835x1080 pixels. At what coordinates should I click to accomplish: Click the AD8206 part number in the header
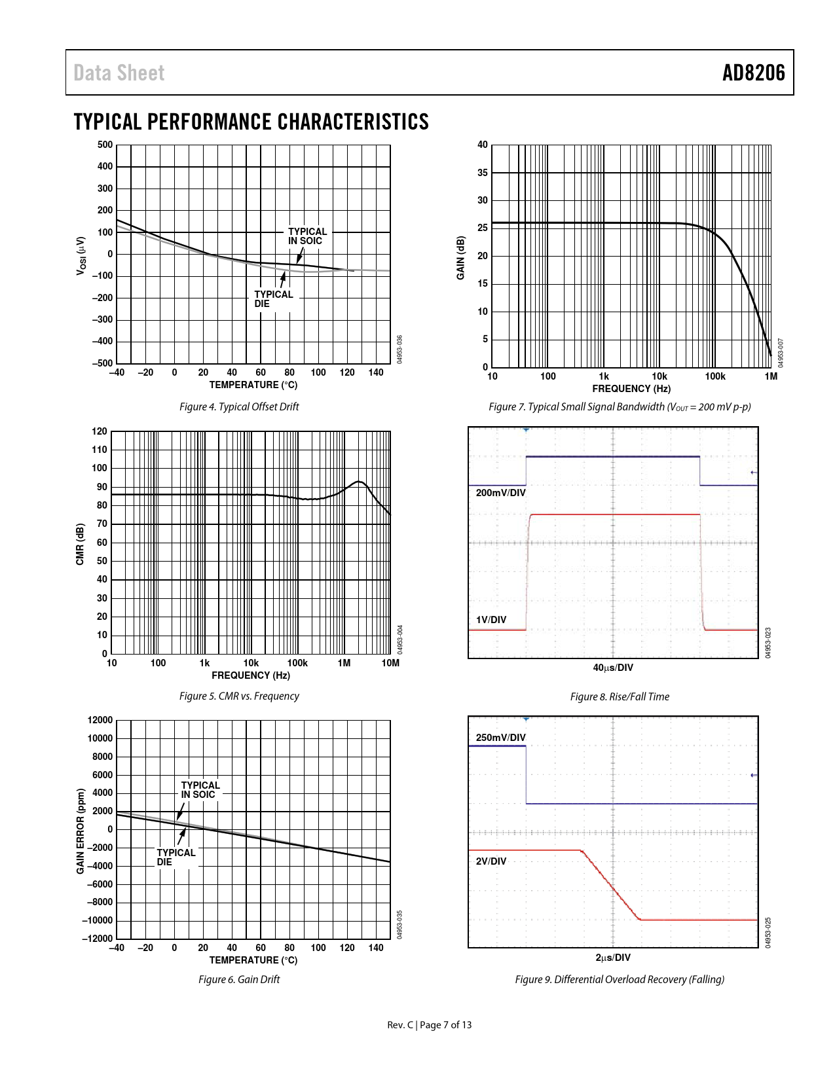click(753, 73)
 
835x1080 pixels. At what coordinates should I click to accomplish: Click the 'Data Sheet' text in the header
click(119, 73)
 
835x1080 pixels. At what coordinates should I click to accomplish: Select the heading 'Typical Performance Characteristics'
click(251, 122)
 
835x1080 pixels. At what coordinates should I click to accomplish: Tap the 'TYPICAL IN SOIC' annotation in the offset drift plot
click(307, 236)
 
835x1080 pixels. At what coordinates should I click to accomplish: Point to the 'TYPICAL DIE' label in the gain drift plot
click(176, 857)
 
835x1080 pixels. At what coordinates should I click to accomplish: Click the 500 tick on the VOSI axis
click(105, 145)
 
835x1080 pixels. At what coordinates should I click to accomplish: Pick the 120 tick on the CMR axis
click(100, 431)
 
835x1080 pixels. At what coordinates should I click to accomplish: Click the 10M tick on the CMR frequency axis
click(390, 663)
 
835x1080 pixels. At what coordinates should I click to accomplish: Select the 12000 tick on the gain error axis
click(100, 720)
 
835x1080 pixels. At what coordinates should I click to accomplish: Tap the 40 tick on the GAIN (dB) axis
click(483, 145)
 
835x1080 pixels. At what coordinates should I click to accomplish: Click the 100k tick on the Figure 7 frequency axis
click(715, 376)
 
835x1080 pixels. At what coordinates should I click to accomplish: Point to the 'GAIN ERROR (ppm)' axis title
click(81, 831)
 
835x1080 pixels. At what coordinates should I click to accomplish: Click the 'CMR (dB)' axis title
click(80, 544)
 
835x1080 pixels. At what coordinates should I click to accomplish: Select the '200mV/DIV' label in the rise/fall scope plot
click(500, 493)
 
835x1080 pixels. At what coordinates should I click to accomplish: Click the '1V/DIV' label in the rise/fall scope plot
click(491, 620)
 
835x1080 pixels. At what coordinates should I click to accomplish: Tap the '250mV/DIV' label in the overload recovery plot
click(500, 738)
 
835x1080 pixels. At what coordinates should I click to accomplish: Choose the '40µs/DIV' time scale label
click(613, 668)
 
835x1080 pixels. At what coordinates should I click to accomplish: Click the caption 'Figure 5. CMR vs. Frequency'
click(239, 696)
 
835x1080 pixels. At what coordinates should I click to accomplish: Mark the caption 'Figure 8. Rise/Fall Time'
click(620, 696)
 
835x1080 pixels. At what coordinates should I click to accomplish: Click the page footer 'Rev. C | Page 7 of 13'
click(429, 1025)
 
